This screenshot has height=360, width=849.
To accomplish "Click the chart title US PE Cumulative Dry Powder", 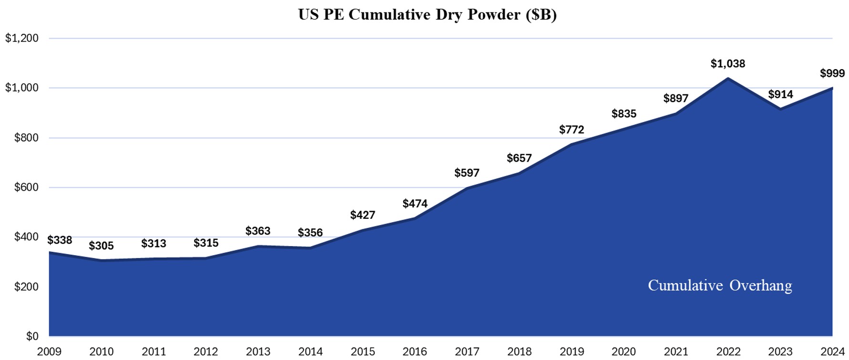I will click(x=427, y=14).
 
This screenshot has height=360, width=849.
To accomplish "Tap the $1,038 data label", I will click(x=727, y=63).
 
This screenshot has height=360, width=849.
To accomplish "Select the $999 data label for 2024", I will click(x=832, y=73).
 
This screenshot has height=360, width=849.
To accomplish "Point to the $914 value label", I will click(x=780, y=94).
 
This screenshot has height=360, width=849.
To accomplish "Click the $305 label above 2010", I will click(x=101, y=246).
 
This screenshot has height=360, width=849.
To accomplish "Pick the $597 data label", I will click(x=466, y=173).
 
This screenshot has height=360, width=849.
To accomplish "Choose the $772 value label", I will click(x=571, y=130).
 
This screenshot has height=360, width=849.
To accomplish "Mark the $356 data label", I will click(x=310, y=233).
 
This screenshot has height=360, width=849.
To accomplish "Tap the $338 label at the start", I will click(x=60, y=240).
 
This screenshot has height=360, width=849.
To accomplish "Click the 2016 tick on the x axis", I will click(x=414, y=352).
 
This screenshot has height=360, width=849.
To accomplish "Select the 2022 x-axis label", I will click(x=728, y=352).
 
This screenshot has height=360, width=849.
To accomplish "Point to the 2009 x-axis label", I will click(x=49, y=352).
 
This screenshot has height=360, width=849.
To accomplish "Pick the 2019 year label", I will click(x=571, y=352).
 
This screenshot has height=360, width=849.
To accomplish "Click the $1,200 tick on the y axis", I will click(x=22, y=38).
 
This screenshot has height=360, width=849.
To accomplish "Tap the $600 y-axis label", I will click(x=26, y=187).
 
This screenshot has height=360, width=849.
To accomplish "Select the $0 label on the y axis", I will click(x=32, y=337).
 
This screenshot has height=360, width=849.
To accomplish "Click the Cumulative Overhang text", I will click(x=719, y=285).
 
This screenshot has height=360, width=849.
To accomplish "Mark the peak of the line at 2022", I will click(x=728, y=78).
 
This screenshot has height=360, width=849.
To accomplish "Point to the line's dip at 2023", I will click(x=780, y=109).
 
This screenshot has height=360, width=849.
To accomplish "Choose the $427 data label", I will click(x=362, y=215).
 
